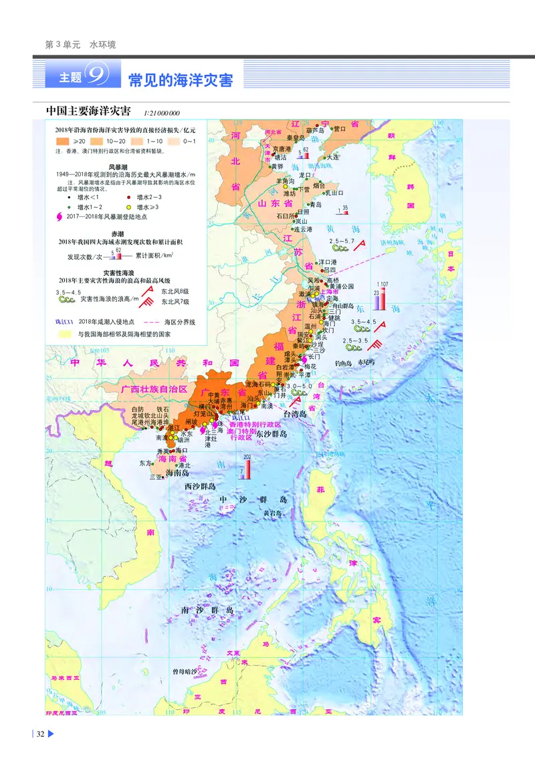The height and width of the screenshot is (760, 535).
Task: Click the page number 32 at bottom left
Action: [40, 734]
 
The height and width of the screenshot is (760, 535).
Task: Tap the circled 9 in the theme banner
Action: [99, 77]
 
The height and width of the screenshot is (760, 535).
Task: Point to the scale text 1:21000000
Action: [162, 112]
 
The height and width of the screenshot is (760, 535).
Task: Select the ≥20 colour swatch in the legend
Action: [64, 142]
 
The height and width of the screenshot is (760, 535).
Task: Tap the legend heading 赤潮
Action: [118, 233]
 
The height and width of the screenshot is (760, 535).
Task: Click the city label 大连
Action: [333, 157]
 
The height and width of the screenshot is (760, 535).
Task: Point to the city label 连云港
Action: [304, 229]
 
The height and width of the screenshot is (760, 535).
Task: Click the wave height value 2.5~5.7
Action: [341, 240]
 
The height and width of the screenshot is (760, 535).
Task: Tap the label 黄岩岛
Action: [272, 513]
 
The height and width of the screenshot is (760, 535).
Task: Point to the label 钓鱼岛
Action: [343, 363]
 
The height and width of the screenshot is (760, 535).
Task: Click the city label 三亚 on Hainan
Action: [156, 477]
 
